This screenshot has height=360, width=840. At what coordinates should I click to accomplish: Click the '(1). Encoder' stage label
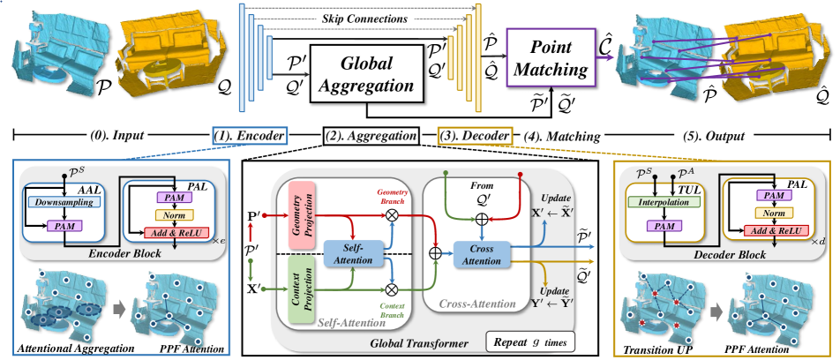pyautogui.click(x=251, y=136)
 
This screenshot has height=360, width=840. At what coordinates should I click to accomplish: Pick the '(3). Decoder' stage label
pyautogui.click(x=475, y=136)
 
